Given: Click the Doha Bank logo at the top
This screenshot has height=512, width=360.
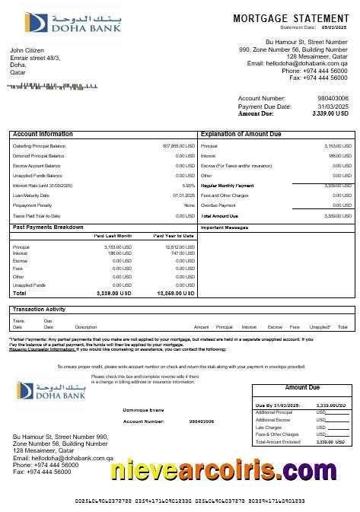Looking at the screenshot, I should [49, 24].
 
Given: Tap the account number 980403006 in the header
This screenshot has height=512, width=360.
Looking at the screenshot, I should [333, 98].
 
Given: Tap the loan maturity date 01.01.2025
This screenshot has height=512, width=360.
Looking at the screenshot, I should [183, 195].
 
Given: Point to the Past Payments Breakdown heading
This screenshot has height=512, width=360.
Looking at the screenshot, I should [49, 227].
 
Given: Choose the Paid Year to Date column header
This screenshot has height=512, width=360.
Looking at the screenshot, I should [174, 236].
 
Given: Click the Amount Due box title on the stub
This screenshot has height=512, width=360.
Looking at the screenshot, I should [302, 387].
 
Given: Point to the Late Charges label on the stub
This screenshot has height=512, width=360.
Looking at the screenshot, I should [269, 427].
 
